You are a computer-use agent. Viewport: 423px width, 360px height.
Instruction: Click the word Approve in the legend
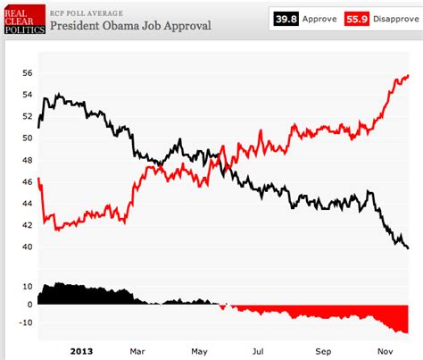point(318,18)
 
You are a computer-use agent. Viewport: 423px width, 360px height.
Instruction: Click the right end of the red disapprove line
point(408,76)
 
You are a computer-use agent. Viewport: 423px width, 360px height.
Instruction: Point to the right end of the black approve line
point(408,248)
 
